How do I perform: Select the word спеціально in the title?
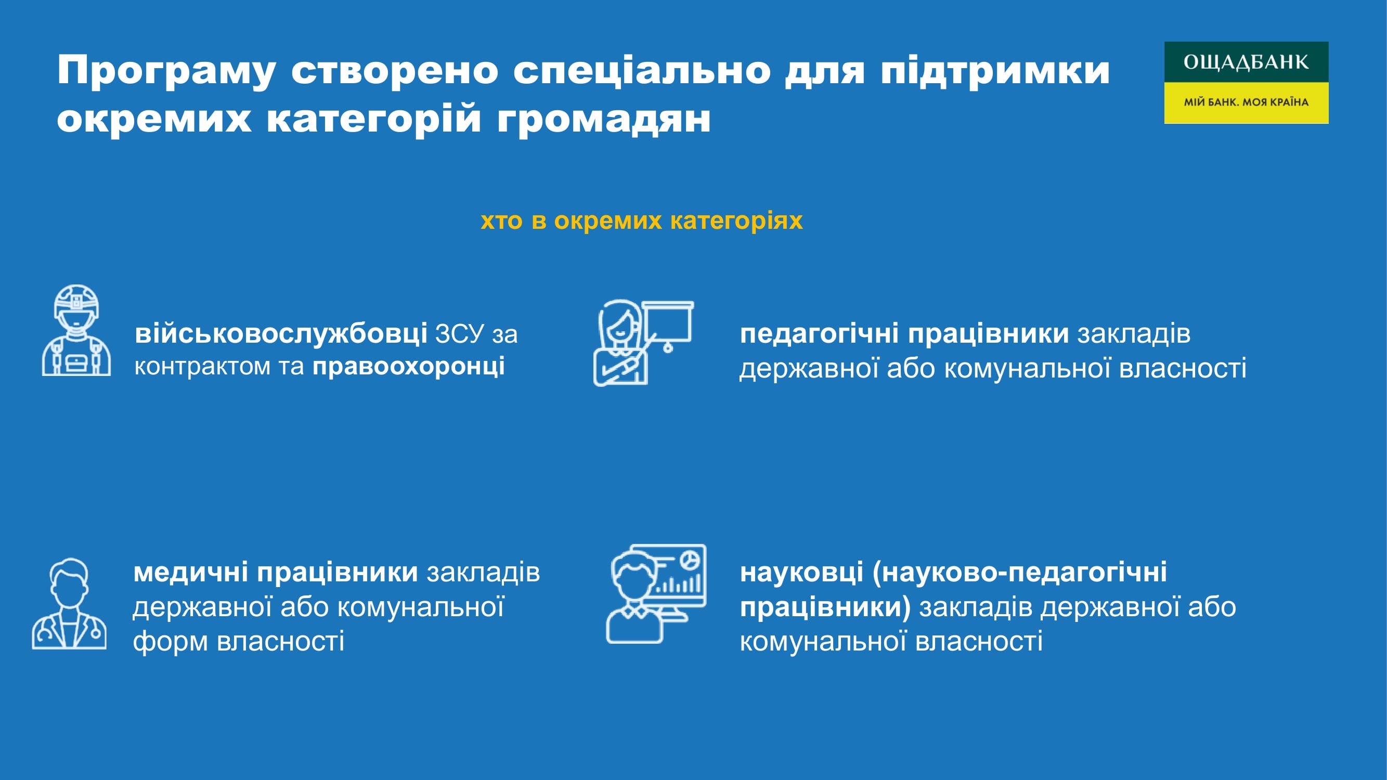coord(641,71)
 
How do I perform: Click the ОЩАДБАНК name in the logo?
coord(1246,62)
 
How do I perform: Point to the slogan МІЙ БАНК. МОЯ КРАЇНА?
coord(1246,102)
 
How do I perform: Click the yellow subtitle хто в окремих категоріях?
coord(641,221)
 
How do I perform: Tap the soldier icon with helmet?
coord(76,330)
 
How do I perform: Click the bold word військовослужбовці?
coord(281,334)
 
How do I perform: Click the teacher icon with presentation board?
coord(643,343)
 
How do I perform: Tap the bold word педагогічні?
coord(819,334)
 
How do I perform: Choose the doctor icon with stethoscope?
coord(69,603)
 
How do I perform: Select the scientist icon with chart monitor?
coord(656,594)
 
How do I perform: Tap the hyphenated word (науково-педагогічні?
coord(1019,573)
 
